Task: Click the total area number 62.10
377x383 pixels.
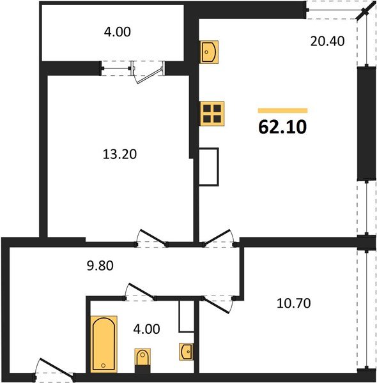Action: pyautogui.click(x=282, y=126)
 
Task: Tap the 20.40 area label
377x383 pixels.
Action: pyautogui.click(x=327, y=42)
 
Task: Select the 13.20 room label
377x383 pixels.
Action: pyautogui.click(x=120, y=154)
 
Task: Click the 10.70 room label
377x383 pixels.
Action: pyautogui.click(x=295, y=303)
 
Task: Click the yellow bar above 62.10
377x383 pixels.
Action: pyautogui.click(x=282, y=110)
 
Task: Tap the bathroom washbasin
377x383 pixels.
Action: pyautogui.click(x=187, y=352)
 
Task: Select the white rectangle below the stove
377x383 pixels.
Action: pyautogui.click(x=208, y=167)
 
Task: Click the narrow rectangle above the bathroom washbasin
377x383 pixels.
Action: pyautogui.click(x=186, y=315)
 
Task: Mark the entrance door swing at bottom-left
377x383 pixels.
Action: pyautogui.click(x=54, y=369)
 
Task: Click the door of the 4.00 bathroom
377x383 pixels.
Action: pyautogui.click(x=141, y=291)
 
